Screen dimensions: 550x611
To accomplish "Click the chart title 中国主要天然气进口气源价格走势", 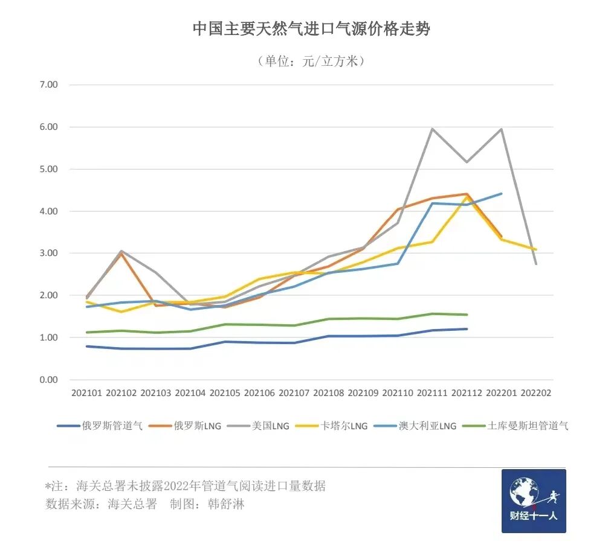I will pos(311,29).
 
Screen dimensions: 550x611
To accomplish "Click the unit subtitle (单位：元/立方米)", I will pos(311,61).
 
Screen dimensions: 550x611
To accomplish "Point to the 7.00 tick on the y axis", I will pos(48,85).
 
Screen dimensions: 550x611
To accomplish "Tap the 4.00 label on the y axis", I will pos(48,211).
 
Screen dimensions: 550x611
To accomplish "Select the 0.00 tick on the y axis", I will pos(48,380).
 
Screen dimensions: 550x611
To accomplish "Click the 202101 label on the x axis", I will pos(87,393).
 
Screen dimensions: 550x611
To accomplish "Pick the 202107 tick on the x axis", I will pos(294,393).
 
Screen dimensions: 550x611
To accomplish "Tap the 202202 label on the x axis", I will pos(536,393).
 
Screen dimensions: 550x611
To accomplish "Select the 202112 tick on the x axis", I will pos(467,393).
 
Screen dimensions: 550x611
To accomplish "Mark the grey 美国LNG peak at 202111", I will pos(432,129).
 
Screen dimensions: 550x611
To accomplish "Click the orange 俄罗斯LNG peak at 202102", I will pos(121,254).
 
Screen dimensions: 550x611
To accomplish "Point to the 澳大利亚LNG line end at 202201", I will pos(502,194).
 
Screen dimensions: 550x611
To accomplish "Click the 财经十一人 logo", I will pos(534,501).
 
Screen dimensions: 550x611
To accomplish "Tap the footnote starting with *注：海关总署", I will pos(186,485).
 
